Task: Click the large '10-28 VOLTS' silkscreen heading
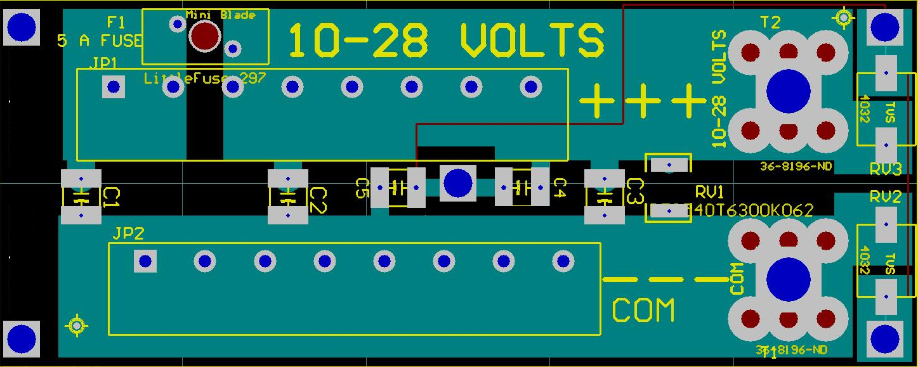coord(446,41)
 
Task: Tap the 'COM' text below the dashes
coord(643,311)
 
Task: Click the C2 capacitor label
coord(318,200)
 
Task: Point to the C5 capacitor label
coord(362,188)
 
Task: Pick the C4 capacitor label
coord(559,188)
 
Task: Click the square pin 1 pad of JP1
coord(114,87)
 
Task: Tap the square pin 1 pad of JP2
coord(145,261)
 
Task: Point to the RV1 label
coord(709,192)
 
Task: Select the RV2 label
coord(886,197)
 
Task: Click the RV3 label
coord(886,169)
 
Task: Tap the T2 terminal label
coord(771,23)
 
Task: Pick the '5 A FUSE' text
coord(100,41)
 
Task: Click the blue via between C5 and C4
coord(457,183)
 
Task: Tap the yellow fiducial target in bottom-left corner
coord(77,325)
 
